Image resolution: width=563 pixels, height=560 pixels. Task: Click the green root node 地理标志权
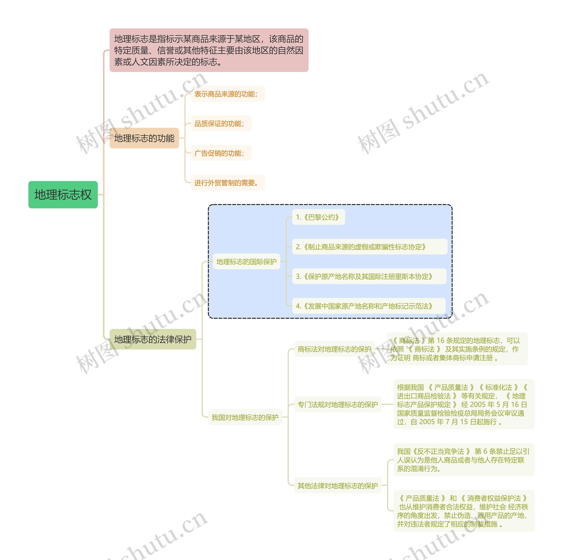63,195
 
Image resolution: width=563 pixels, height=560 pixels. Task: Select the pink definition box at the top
209,50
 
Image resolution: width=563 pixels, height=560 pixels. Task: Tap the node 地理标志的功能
144,138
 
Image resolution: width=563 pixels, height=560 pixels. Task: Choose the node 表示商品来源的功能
228,94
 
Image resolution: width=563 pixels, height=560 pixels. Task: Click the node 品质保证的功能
221,124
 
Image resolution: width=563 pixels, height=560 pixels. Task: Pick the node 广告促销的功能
221,153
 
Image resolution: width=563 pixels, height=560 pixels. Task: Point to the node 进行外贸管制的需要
228,183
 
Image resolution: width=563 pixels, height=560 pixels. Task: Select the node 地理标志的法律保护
153,339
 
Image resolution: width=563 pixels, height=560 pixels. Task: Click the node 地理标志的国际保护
246,262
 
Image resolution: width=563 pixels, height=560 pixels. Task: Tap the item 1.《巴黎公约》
318,217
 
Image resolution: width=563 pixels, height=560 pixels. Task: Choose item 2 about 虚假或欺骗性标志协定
369,247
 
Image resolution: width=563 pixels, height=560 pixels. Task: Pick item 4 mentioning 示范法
369,306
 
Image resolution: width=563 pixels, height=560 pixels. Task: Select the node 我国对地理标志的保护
245,417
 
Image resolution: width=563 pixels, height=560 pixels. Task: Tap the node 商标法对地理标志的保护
334,349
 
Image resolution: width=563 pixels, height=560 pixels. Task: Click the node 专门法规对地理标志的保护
337,404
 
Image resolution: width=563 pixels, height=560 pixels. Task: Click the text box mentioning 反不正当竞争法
463,460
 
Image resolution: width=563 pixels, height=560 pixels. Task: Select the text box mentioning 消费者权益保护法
463,511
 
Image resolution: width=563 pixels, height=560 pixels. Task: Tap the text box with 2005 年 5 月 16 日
463,404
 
